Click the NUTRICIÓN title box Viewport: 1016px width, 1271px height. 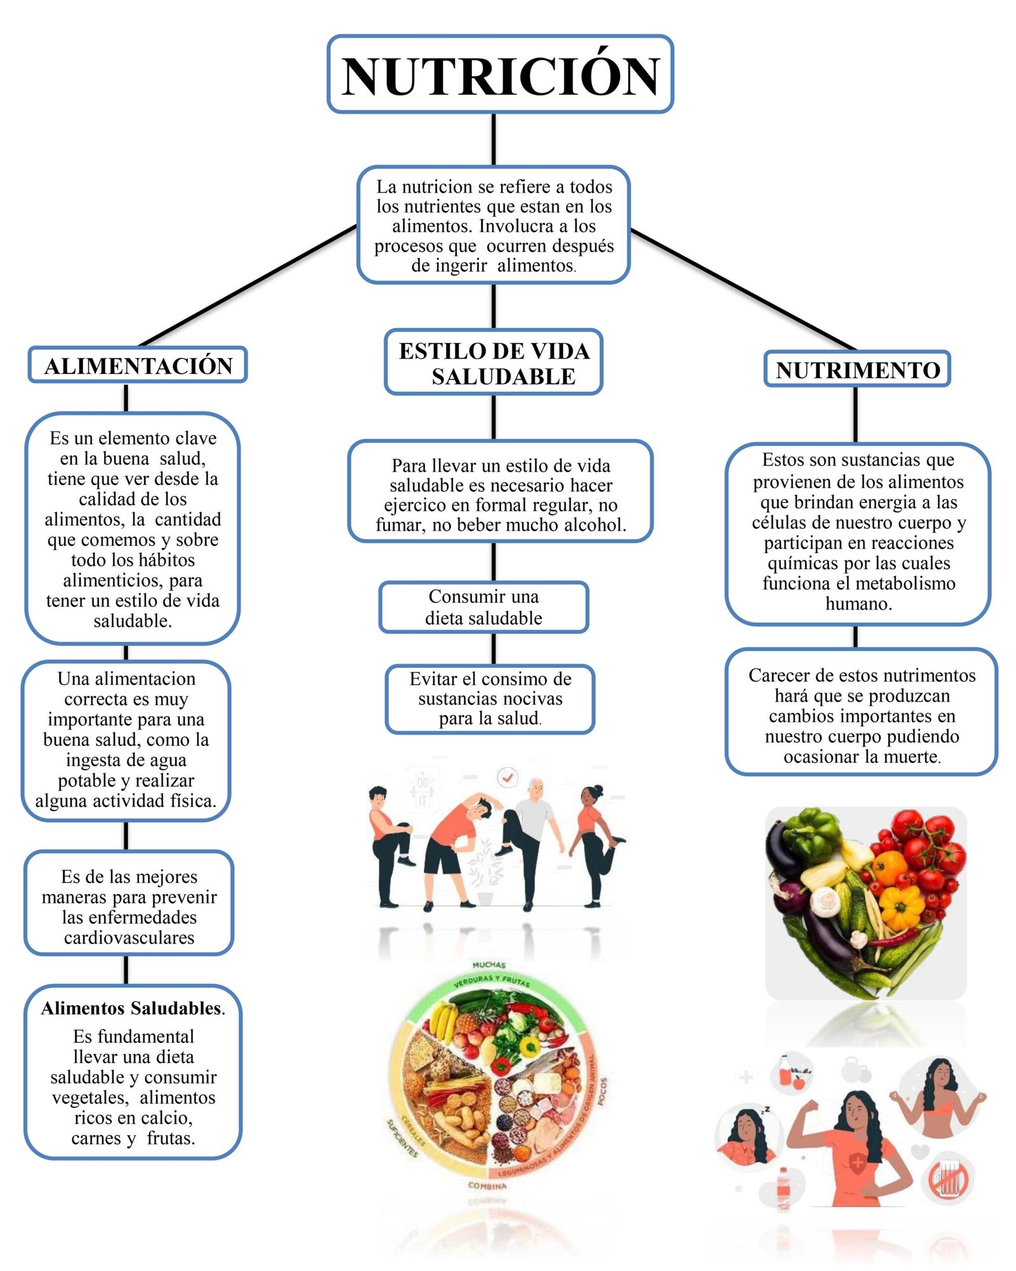[500, 75]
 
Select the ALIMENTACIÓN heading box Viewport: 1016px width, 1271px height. [138, 365]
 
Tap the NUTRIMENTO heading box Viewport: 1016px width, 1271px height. [857, 369]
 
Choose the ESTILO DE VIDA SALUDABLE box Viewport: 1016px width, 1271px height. [493, 363]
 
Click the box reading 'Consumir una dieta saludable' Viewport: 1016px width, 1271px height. [483, 608]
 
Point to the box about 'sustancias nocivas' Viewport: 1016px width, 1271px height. [490, 699]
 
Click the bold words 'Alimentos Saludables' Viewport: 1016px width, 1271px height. [131, 1008]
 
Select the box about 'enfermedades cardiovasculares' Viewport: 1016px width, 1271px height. [129, 907]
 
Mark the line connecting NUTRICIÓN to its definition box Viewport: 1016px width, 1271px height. [493, 140]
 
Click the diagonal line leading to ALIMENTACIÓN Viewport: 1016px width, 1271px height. [248, 286]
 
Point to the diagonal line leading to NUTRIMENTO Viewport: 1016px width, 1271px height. [743, 289]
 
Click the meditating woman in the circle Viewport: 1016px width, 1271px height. [938, 1097]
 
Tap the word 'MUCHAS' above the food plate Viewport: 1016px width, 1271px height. [488, 965]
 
